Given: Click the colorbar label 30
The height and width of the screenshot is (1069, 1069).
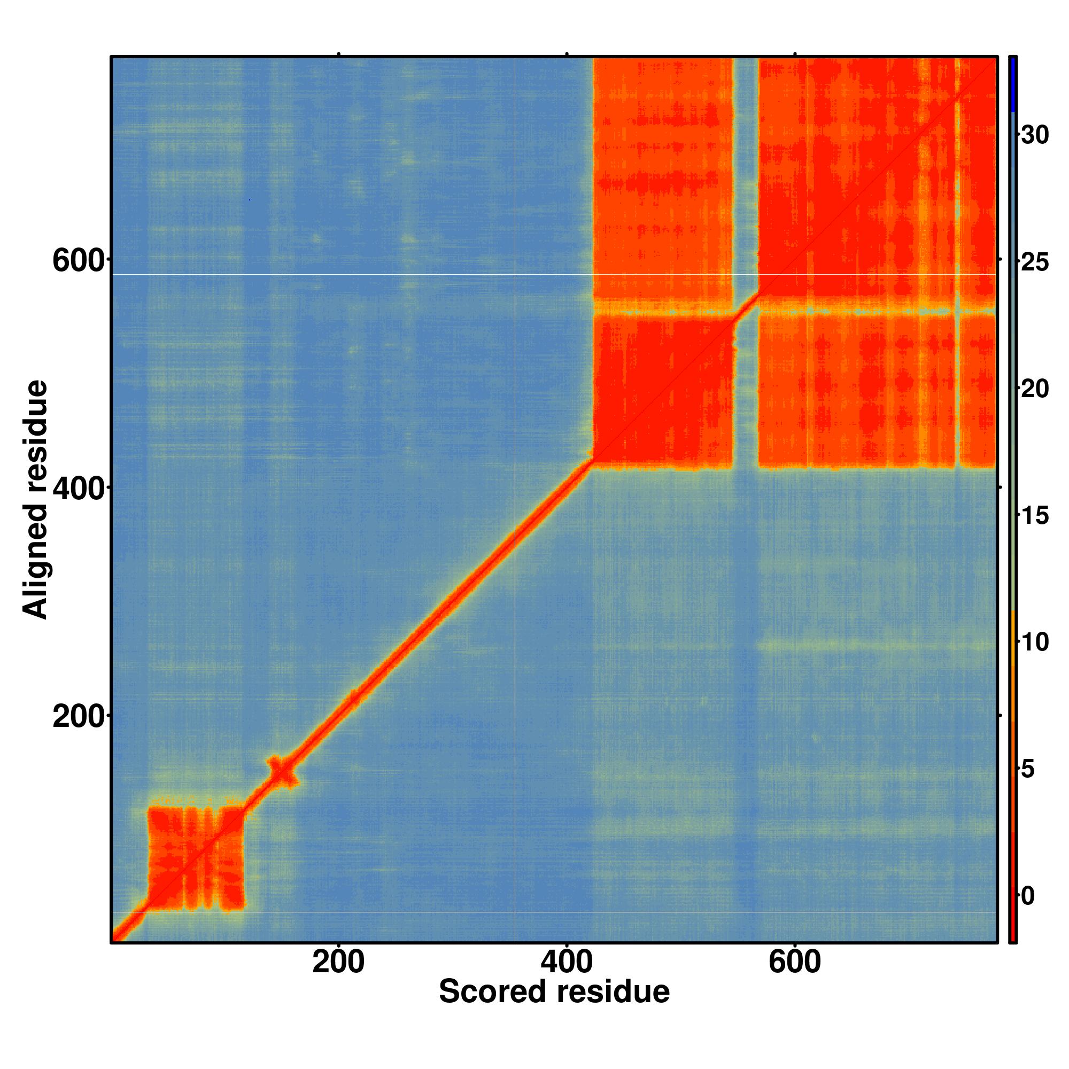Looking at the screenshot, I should click(x=1034, y=135).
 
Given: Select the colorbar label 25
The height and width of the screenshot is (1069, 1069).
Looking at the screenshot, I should click(x=1034, y=262).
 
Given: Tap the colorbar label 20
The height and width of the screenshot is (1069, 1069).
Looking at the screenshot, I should click(x=1034, y=389).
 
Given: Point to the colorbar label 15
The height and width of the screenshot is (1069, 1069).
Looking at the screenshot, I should click(x=1034, y=516).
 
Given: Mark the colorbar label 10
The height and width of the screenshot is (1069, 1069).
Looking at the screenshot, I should click(x=1034, y=642).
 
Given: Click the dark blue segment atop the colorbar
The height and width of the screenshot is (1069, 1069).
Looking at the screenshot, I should click(x=1012, y=83).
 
